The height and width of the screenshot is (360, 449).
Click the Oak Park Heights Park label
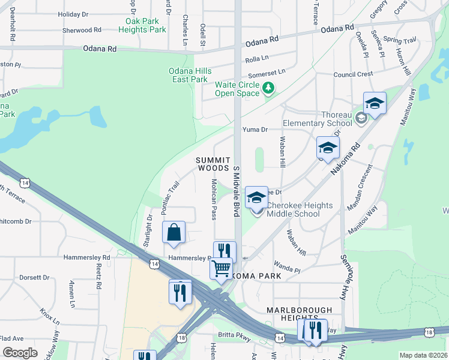tap(142, 25)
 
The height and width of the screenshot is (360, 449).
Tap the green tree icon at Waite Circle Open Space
tap(268, 89)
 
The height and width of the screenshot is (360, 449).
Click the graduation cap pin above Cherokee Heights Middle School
tap(256, 197)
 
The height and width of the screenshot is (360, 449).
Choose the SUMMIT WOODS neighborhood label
tap(212, 164)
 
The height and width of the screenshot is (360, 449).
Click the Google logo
tap(20, 353)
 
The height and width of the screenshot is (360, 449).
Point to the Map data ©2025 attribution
tap(423, 355)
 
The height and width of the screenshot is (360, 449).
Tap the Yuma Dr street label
tap(255, 129)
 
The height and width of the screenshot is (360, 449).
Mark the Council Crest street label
tap(353, 74)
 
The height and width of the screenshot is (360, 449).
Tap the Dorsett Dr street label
tap(34, 278)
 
